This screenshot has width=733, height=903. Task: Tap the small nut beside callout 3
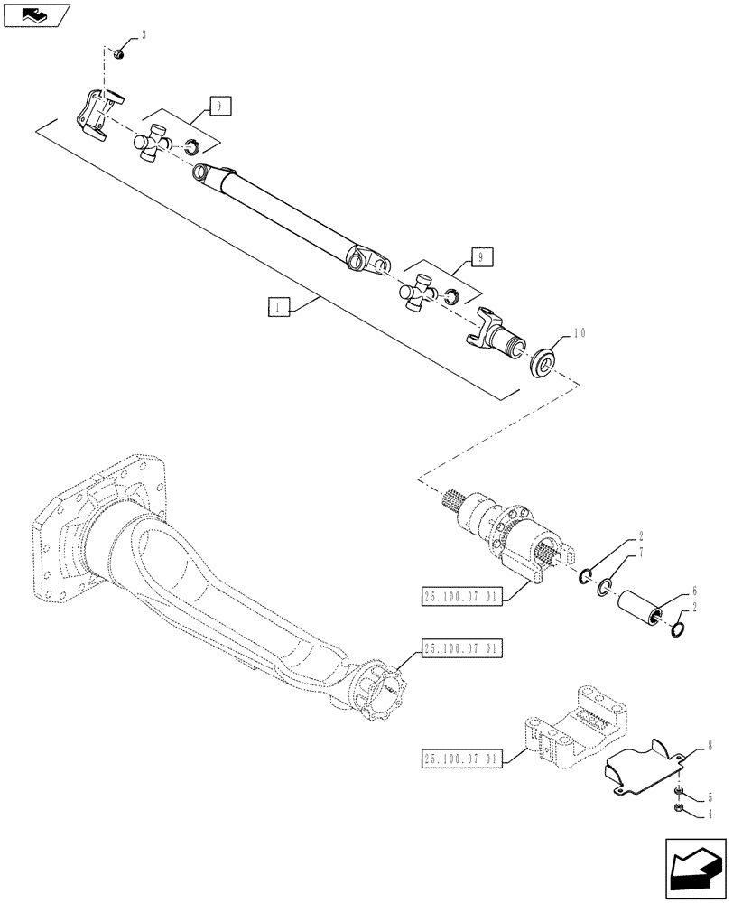(119, 56)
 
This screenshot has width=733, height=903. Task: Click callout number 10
(578, 334)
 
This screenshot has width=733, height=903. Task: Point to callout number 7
(641, 552)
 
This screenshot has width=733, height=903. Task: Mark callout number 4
(709, 814)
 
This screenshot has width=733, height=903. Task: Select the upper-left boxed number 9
(218, 107)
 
